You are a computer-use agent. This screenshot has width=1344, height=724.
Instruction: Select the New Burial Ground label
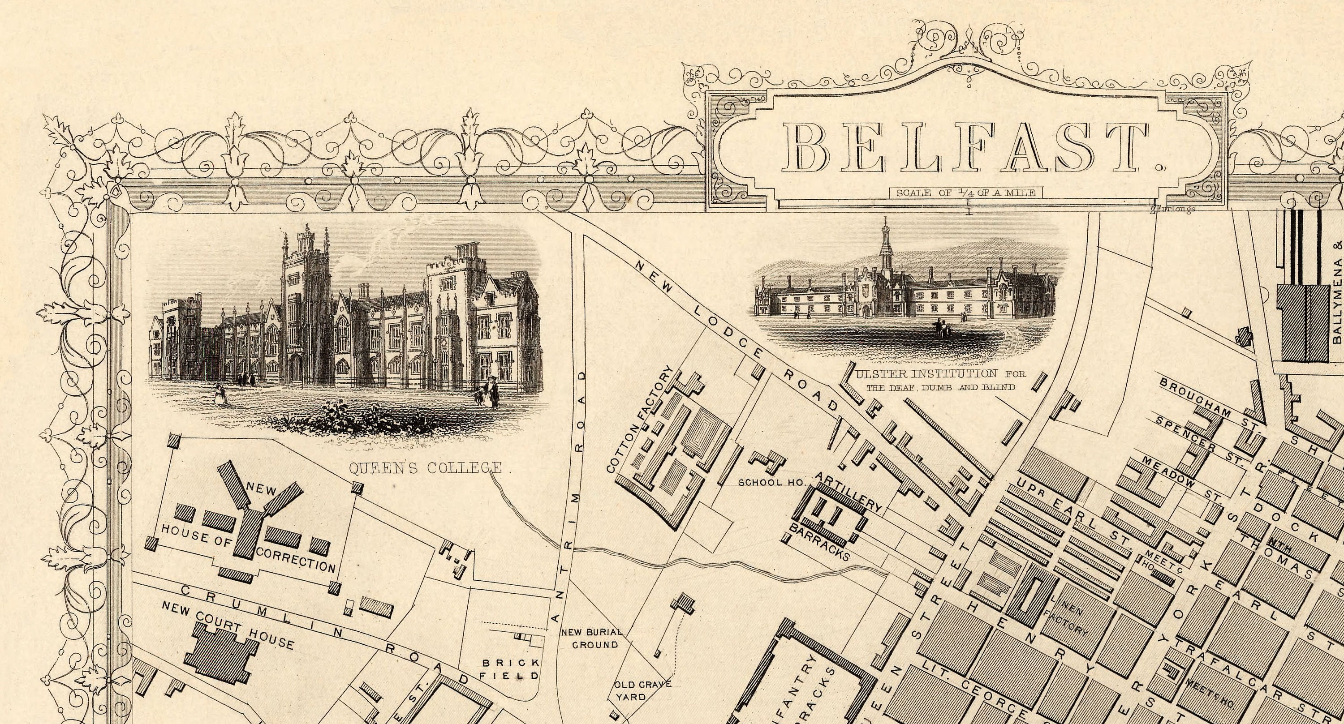[x=592, y=638]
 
